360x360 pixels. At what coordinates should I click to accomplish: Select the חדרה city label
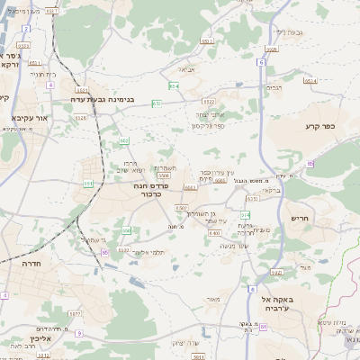point(19,268)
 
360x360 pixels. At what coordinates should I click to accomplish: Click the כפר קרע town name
point(319,127)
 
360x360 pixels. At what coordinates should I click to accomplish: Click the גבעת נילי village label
point(286,31)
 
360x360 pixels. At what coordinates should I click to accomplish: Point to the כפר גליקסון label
point(206,124)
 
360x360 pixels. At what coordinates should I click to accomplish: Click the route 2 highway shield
point(26,28)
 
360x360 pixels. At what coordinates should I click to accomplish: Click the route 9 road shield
point(80,332)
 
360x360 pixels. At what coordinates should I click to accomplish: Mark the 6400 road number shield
point(214,233)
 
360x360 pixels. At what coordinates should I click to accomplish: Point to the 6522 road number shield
point(209,102)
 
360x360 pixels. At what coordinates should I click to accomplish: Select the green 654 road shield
point(173,85)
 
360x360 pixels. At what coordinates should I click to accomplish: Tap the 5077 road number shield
point(75,314)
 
